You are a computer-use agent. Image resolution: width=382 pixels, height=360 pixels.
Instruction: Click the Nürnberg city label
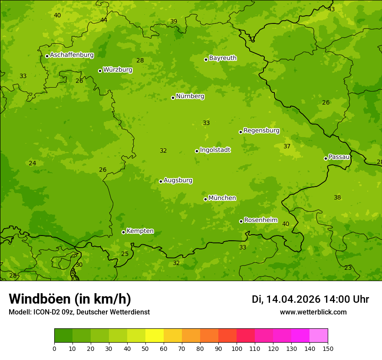click(x=190, y=96)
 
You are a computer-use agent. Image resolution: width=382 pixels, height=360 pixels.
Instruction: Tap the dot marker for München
click(x=206, y=199)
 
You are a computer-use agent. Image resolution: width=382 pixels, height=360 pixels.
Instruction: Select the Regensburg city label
click(x=261, y=131)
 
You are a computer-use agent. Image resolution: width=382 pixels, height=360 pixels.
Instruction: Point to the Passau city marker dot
click(x=326, y=158)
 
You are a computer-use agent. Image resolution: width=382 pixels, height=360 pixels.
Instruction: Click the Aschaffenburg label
click(x=72, y=55)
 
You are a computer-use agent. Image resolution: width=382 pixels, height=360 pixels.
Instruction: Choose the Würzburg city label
click(x=118, y=70)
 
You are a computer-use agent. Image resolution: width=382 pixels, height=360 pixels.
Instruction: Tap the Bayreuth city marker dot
click(x=206, y=59)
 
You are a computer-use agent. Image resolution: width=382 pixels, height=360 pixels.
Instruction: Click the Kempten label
click(x=140, y=231)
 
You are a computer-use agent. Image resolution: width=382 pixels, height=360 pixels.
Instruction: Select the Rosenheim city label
click(x=260, y=220)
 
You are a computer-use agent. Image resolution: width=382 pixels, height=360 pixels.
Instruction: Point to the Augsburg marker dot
click(x=161, y=181)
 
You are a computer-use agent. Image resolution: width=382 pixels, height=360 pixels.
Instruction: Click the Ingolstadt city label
click(x=215, y=150)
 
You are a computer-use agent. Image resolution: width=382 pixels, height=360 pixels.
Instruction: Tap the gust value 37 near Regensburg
click(x=287, y=147)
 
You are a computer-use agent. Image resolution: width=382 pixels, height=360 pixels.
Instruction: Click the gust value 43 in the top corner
click(x=331, y=9)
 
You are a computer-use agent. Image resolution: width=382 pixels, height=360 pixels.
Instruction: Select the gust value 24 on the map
click(x=33, y=164)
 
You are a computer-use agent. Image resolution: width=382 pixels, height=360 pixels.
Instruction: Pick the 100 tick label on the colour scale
click(x=237, y=349)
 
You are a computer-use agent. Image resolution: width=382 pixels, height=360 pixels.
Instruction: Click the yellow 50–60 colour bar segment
click(x=155, y=336)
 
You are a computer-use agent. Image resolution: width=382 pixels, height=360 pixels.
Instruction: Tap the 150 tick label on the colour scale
click(x=328, y=349)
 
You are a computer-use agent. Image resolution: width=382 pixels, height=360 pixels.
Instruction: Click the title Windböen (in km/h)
click(x=70, y=299)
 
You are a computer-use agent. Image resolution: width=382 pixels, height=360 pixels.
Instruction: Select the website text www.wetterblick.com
click(x=313, y=312)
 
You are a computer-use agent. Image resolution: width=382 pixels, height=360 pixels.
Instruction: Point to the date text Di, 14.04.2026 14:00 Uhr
click(x=310, y=299)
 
